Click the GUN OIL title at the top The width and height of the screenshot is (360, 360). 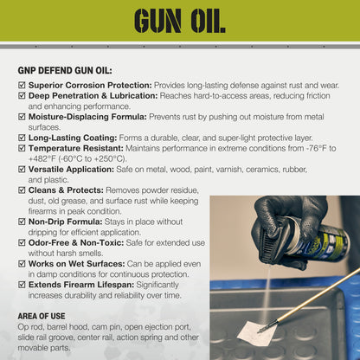[x=179, y=19]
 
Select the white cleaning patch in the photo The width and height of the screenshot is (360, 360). [x=258, y=332]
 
